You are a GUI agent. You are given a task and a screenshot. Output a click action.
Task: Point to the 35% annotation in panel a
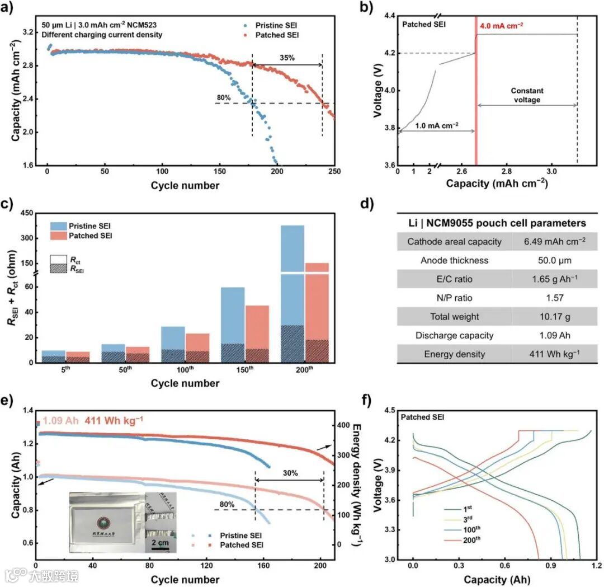click(287, 57)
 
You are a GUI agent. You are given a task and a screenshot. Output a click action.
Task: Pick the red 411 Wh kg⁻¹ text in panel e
click(114, 419)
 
